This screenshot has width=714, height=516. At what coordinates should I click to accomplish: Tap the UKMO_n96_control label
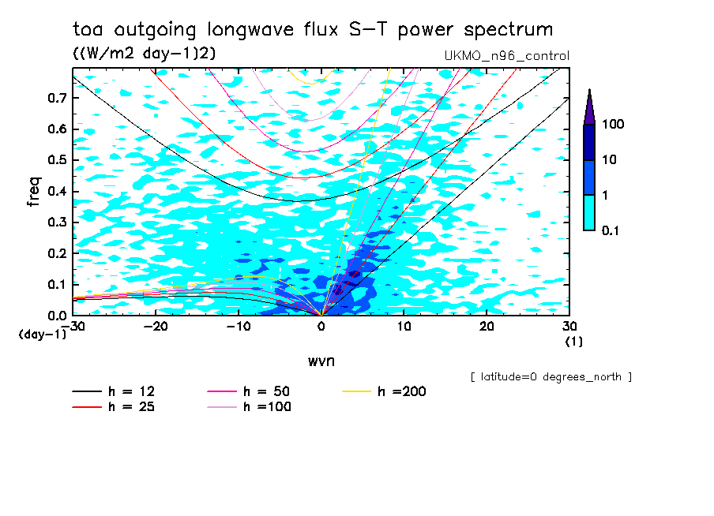tap(507, 56)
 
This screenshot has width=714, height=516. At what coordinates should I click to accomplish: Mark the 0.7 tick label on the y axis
tap(57, 98)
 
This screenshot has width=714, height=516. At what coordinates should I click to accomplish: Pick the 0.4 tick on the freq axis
tap(57, 191)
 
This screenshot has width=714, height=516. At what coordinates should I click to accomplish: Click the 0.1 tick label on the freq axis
tap(57, 284)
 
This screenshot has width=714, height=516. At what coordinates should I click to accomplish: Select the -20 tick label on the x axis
tap(156, 326)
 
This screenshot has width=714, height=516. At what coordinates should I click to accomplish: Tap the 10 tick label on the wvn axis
tap(404, 326)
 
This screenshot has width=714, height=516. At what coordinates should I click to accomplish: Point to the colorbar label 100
tap(613, 125)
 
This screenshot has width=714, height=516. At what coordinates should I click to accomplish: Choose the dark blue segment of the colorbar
tap(588, 142)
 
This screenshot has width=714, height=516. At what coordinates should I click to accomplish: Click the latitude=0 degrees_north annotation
tap(551, 376)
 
